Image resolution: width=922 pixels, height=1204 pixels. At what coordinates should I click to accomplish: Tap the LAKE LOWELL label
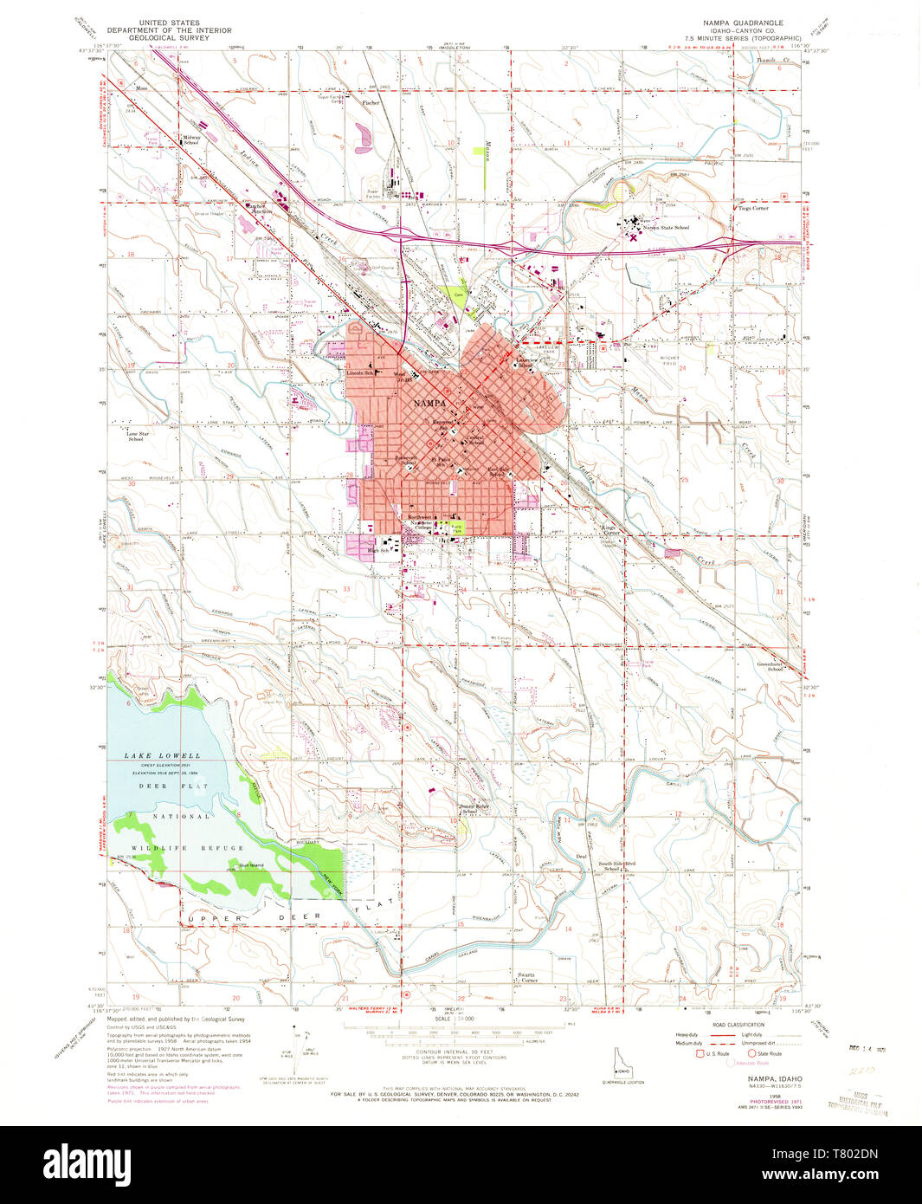click(162, 755)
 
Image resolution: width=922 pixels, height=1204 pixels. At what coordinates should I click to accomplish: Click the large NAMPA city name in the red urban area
click(429, 404)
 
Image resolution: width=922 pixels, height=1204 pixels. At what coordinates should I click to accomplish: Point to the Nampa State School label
click(671, 228)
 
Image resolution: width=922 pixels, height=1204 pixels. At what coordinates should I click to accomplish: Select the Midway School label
click(191, 139)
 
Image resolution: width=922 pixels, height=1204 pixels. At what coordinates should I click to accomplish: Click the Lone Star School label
click(136, 436)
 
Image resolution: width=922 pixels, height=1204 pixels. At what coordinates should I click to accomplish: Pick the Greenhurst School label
click(770, 666)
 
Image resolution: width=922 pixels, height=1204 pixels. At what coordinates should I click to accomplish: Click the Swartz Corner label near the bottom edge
click(529, 978)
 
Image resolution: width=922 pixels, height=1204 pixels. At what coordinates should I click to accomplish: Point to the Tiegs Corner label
click(753, 208)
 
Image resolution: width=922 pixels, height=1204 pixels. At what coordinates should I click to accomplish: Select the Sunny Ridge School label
click(474, 808)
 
